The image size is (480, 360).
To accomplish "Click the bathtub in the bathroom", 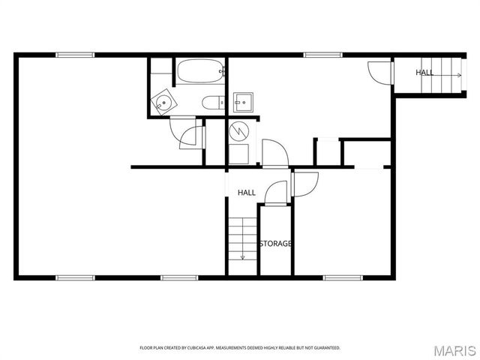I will (199, 72).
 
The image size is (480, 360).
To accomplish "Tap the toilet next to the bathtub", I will (211, 102).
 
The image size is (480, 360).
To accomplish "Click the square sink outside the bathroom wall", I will (243, 101).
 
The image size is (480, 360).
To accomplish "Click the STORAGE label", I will (275, 244).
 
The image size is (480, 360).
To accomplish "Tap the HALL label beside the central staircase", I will (247, 193).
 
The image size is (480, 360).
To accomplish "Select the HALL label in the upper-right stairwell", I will (424, 73).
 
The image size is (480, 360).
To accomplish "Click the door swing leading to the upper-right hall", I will (379, 72).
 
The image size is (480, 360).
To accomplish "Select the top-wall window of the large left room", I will (75, 55).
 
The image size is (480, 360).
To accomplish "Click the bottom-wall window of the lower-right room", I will (343, 277).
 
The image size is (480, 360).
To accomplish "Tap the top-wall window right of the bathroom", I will (322, 55).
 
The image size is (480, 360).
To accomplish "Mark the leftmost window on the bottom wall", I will (76, 277).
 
